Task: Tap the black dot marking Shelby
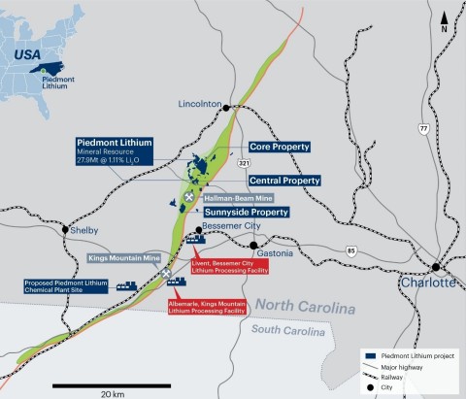(65, 230)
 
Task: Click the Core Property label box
(279, 146)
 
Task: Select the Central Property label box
(284, 181)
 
